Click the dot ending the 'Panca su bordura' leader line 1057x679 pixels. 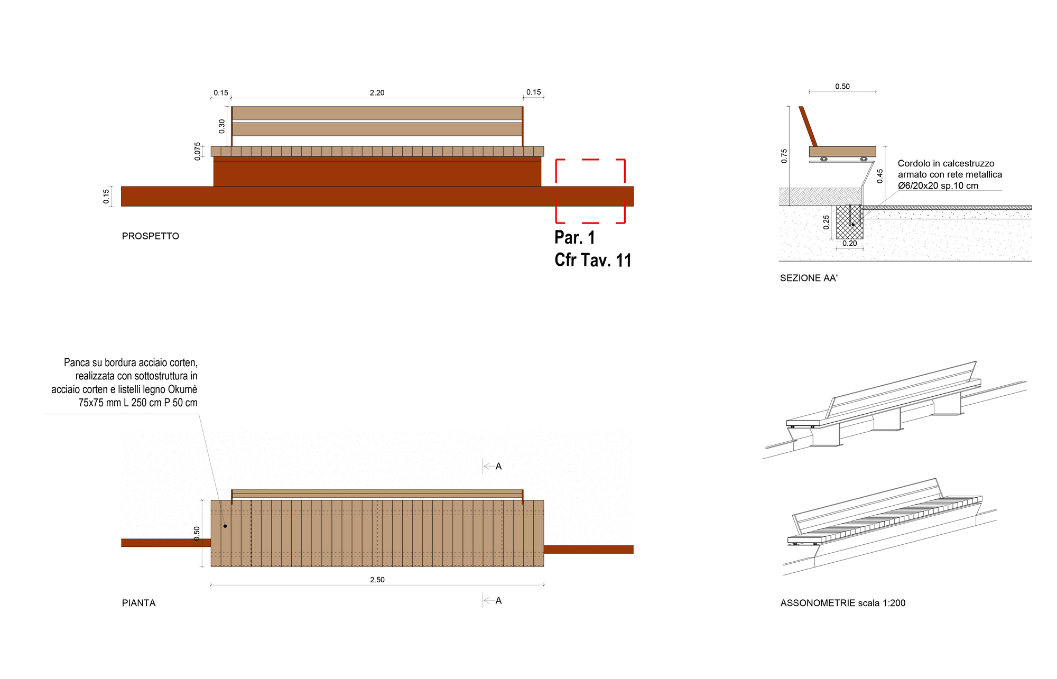[225, 526]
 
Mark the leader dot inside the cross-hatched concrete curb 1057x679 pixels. [852, 225]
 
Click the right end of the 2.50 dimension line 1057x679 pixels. [544, 585]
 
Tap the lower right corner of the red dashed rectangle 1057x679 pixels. [625, 222]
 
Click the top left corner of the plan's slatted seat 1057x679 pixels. [211, 500]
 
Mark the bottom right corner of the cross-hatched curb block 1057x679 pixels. [863, 239]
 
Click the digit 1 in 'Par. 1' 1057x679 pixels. [591, 238]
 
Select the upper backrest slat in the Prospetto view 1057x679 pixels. [377, 113]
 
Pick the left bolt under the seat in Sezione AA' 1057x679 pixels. [823, 159]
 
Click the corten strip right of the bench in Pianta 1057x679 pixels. [589, 550]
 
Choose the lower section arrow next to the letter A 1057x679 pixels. [489, 601]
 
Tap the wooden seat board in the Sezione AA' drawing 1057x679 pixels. [842, 152]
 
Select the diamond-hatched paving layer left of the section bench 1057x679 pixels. [820, 197]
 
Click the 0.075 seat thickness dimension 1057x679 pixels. [198, 151]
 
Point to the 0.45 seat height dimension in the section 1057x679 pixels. [880, 176]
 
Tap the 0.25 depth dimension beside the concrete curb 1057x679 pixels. [826, 222]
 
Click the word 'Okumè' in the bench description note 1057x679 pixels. [183, 389]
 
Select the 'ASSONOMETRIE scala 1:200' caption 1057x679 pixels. [843, 603]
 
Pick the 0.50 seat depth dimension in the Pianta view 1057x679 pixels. [197, 533]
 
